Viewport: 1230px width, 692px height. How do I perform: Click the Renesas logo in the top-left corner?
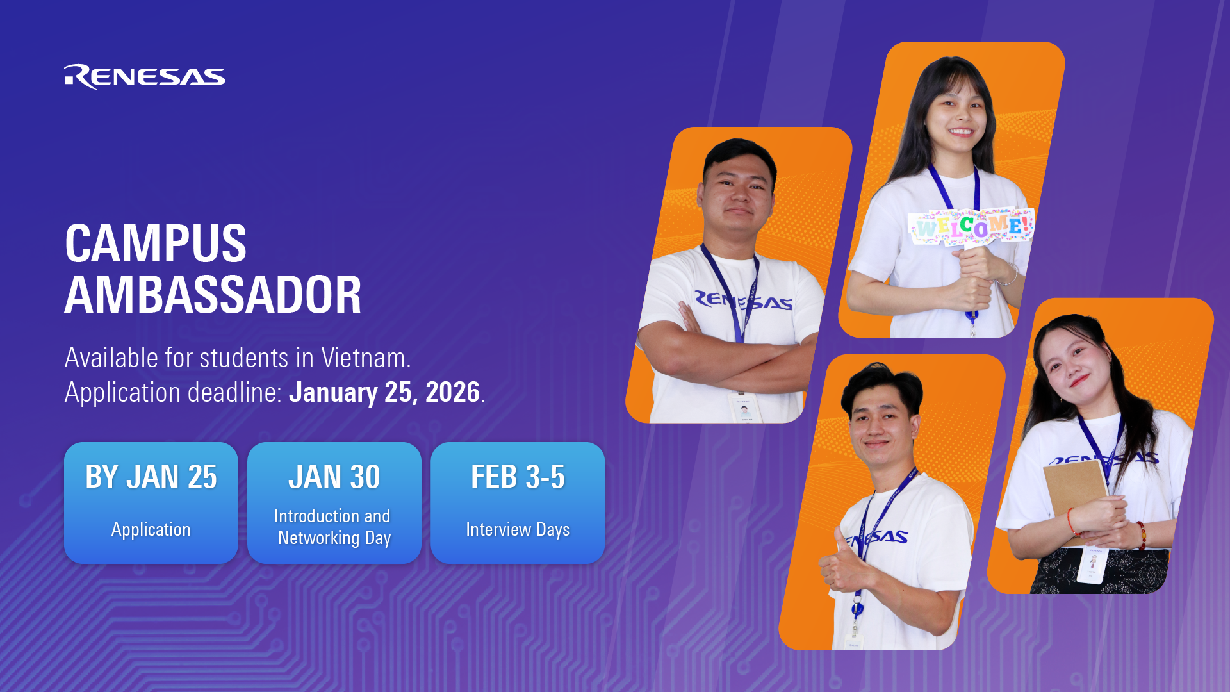(x=144, y=77)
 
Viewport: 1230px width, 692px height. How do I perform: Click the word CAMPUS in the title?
(x=156, y=244)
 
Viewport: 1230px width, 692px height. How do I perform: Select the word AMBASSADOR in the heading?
(x=213, y=295)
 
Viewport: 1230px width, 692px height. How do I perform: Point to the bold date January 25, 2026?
(x=384, y=392)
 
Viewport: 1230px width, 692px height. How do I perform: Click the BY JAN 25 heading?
(x=151, y=477)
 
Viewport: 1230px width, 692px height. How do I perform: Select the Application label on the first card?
(x=151, y=530)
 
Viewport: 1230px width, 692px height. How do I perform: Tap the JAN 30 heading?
(x=334, y=477)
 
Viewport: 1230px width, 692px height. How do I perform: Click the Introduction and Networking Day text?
(x=333, y=527)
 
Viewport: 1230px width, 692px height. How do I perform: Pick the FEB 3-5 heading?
(x=518, y=477)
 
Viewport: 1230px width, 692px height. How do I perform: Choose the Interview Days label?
(x=518, y=530)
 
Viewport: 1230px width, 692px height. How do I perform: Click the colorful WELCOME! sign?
(x=972, y=226)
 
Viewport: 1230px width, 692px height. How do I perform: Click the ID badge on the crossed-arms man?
(x=745, y=408)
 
